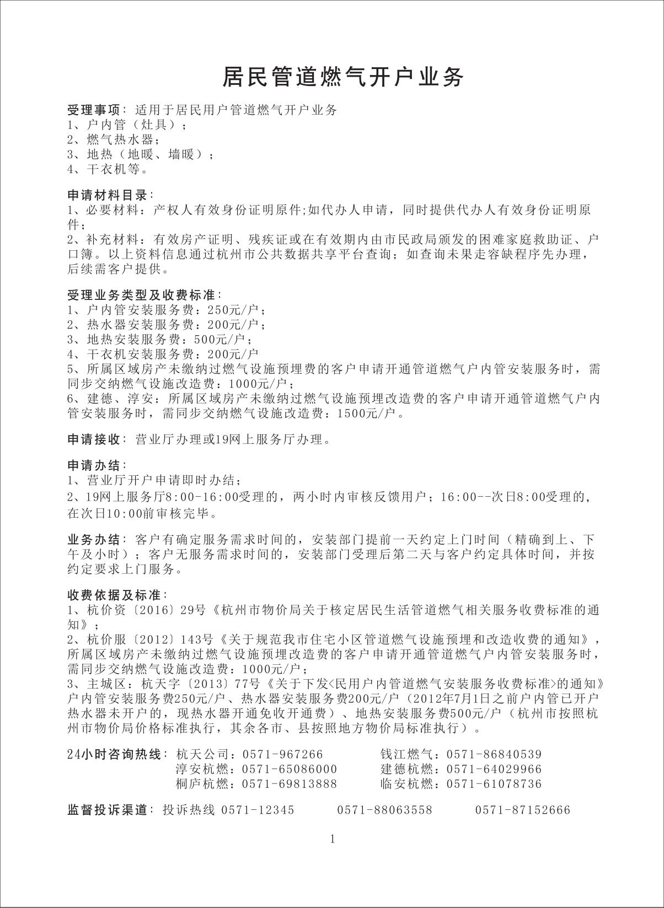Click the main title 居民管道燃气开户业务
point(342,78)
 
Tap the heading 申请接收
point(93,439)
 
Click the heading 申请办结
point(93,466)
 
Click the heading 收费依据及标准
point(114,596)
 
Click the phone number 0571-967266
point(282,754)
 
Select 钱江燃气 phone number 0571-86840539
point(494,754)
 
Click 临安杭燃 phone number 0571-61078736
point(494,783)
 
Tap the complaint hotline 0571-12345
point(257,810)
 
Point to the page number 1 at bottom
point(332,840)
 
